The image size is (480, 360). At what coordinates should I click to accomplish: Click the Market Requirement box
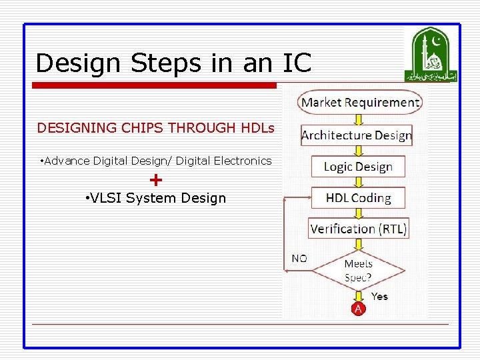[x=360, y=103]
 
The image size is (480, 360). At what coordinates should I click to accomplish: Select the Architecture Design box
[x=357, y=135]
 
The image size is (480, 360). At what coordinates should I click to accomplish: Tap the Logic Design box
[x=358, y=167]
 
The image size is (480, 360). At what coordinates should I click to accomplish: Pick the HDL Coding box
[x=358, y=198]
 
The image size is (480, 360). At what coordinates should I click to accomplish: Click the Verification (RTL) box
[x=359, y=229]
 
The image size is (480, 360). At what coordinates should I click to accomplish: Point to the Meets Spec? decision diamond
[x=359, y=270]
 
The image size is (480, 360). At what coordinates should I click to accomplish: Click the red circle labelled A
[x=359, y=309]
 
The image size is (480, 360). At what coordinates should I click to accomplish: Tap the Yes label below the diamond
[x=379, y=296]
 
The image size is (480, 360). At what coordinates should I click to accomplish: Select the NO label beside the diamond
[x=300, y=258]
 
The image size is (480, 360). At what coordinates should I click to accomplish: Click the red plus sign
[x=156, y=179]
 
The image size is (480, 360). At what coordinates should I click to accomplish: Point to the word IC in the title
[x=297, y=63]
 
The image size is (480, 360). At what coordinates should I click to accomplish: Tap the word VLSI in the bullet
[x=107, y=198]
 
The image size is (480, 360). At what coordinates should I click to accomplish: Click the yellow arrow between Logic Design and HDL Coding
[x=359, y=182]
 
